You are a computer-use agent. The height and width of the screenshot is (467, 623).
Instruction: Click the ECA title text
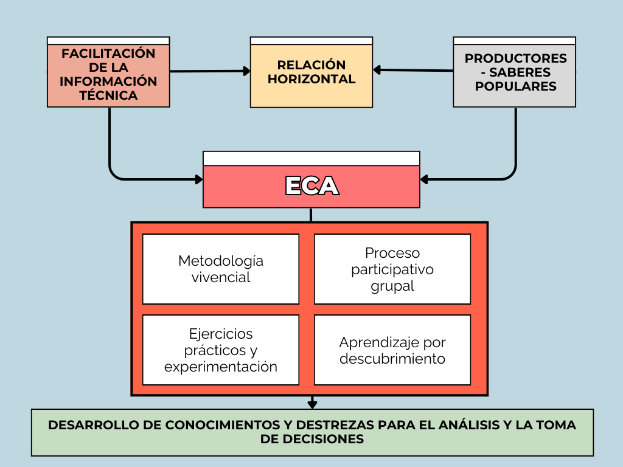(311, 186)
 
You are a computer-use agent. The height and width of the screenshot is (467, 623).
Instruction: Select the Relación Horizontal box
(311, 75)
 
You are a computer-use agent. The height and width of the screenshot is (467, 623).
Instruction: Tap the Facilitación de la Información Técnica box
(108, 75)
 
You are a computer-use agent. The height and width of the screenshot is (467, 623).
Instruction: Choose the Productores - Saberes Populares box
(515, 75)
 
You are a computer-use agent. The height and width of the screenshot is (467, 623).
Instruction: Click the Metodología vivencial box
(221, 269)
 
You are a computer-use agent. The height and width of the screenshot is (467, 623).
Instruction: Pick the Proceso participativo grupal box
(392, 269)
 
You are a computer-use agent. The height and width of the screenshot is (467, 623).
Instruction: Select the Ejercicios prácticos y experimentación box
(221, 350)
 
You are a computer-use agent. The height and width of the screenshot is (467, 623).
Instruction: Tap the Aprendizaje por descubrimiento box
(392, 350)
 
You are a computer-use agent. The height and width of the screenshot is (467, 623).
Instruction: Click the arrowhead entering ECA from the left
(198, 179)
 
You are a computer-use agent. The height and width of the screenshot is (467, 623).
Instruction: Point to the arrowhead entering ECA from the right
(425, 179)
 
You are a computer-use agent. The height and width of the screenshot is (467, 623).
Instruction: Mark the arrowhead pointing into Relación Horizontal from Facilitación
(246, 71)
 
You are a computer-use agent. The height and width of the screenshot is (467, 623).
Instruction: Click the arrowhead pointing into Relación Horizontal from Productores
(377, 70)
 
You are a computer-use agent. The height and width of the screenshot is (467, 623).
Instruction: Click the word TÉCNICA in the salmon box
(108, 95)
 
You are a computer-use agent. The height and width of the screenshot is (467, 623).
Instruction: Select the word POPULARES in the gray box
(515, 86)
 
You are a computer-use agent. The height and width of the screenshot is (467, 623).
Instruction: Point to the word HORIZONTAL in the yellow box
(311, 79)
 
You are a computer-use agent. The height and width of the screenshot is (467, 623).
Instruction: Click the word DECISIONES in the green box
(311, 439)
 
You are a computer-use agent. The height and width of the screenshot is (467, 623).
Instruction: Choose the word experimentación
(221, 367)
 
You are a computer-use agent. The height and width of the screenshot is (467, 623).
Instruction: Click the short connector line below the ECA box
(311, 215)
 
